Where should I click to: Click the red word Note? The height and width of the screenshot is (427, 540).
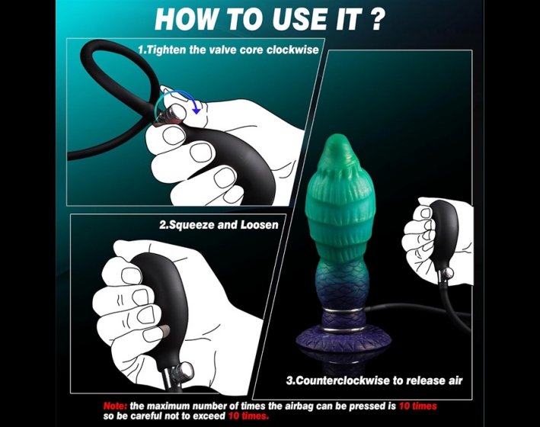coord(115,406)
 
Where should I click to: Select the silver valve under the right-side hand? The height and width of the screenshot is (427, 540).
coord(445,275)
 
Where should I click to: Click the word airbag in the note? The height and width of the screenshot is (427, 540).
coord(299,406)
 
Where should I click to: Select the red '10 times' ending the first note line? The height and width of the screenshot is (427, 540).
coord(417,406)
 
